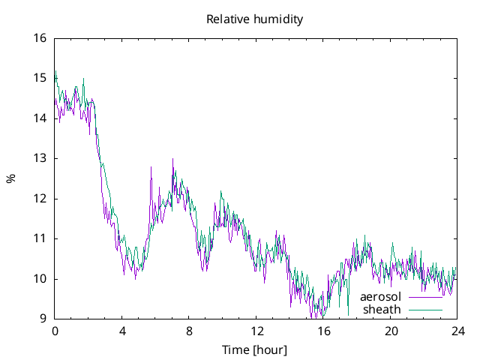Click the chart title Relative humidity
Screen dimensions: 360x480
pos(255,19)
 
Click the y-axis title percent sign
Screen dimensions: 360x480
pos(11,178)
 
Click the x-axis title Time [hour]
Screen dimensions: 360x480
pos(255,350)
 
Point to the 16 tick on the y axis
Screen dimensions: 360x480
pos(40,38)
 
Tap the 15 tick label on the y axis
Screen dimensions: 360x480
pos(40,78)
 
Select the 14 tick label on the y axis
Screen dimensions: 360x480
pos(40,118)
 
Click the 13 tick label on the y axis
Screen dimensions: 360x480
pos(40,158)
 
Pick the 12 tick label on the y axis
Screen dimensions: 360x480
pos(40,199)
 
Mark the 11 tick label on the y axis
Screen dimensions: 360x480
pos(40,238)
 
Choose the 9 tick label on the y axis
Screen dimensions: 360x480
pos(43,319)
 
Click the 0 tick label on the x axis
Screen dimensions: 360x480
pos(55,331)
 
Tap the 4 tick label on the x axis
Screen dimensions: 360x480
pos(122,331)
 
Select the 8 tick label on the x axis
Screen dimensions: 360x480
pos(189,331)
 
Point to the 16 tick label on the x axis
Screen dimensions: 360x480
pos(323,331)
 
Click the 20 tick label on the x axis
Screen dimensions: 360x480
pos(391,331)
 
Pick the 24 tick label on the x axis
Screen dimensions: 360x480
pos(457,331)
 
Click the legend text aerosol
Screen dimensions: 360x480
pos(381,297)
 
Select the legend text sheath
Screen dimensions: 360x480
pos(382,309)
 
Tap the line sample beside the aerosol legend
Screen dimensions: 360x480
pos(425,297)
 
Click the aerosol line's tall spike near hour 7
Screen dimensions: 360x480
pos(173,160)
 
